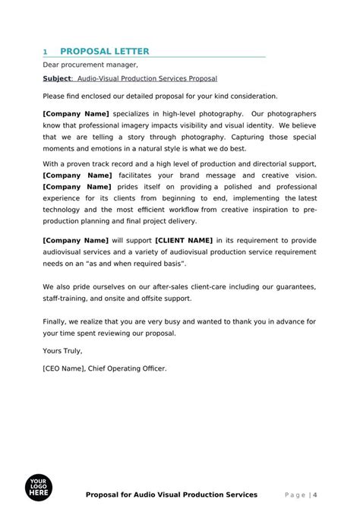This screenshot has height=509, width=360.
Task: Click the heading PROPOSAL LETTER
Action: tap(104, 52)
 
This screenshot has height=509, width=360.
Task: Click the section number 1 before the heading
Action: tap(46, 52)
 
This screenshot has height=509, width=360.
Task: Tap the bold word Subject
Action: tap(57, 79)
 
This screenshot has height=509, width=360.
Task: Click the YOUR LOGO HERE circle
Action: tap(38, 488)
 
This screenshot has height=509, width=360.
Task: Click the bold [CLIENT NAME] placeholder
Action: tap(184, 241)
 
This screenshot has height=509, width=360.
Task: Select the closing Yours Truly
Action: tap(62, 351)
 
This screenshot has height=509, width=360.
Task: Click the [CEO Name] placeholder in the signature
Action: tap(66, 368)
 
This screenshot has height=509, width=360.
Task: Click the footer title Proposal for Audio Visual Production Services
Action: tap(172, 495)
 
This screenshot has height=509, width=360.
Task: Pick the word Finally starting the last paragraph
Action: tap(57, 321)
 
